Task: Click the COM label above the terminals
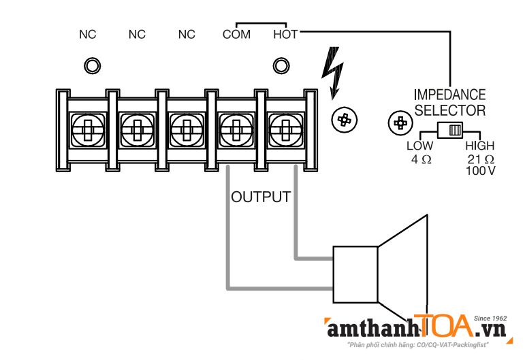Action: tap(236, 34)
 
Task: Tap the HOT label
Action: tap(285, 34)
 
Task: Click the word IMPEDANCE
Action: tap(449, 95)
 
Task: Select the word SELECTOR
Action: tap(449, 110)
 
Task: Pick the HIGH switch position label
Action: tap(479, 146)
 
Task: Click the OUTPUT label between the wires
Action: tap(261, 197)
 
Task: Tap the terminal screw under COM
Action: tap(236, 128)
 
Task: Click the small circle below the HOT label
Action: tap(281, 66)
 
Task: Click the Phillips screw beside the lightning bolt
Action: tap(344, 120)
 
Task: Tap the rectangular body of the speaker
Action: tap(355, 274)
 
